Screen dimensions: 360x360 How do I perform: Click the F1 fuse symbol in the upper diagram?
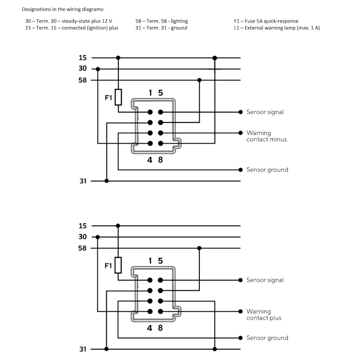pos(118,97)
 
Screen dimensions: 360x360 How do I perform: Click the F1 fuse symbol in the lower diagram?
pos(118,265)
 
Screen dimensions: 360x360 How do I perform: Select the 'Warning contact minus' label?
pos(266,136)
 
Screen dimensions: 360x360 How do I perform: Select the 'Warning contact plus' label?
pos(264,315)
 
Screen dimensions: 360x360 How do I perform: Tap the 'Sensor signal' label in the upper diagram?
pos(265,112)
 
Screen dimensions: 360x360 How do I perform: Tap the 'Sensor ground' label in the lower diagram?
pos(267,338)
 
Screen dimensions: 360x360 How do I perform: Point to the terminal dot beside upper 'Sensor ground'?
pos(241,170)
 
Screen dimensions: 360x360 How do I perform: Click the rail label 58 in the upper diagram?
pos(83,80)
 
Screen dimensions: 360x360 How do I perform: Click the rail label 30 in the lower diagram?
pos(83,237)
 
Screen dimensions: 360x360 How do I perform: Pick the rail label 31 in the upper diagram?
pos(83,181)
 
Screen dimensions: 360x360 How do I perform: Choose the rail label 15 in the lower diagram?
pos(83,225)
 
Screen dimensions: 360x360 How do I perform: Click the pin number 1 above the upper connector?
pos(150,93)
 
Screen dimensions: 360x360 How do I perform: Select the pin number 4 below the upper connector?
pos(150,160)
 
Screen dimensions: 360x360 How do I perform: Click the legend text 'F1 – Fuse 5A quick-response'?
pos(266,21)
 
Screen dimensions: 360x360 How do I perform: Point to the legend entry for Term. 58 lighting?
pos(162,21)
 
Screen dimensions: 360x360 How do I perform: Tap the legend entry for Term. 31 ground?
pos(161,28)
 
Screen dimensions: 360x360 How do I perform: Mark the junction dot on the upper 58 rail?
pos(199,80)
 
